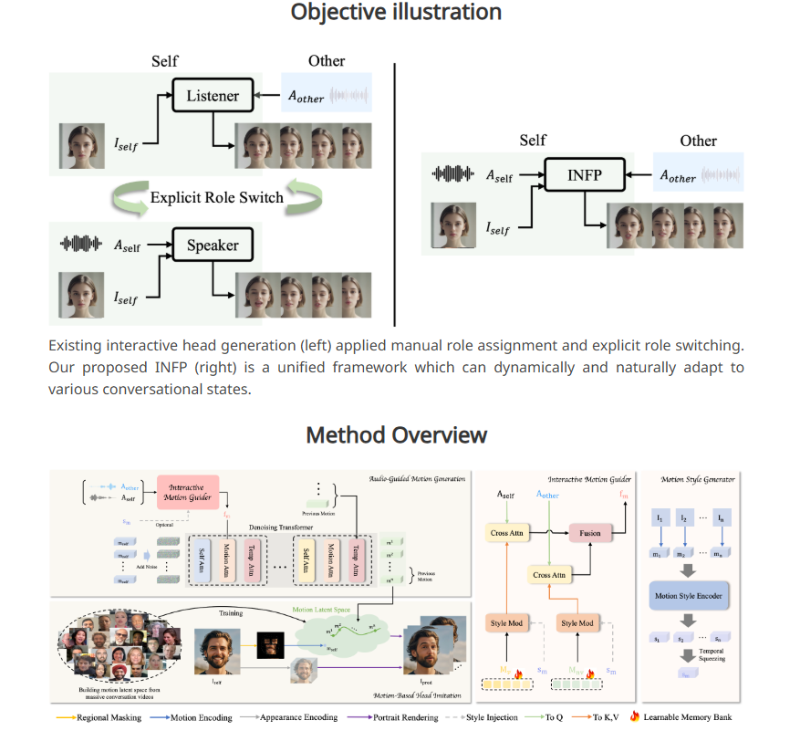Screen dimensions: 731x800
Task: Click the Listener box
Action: (x=213, y=96)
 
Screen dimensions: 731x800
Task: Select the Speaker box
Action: (x=212, y=245)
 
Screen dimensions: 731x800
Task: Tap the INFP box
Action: (x=584, y=173)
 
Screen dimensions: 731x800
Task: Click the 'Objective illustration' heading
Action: (x=396, y=12)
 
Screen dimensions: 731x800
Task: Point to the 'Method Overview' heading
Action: (x=396, y=434)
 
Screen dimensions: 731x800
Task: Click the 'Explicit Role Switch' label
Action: (x=216, y=197)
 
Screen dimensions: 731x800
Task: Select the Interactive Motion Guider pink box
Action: (x=187, y=491)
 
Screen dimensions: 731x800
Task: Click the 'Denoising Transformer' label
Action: (x=252, y=527)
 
